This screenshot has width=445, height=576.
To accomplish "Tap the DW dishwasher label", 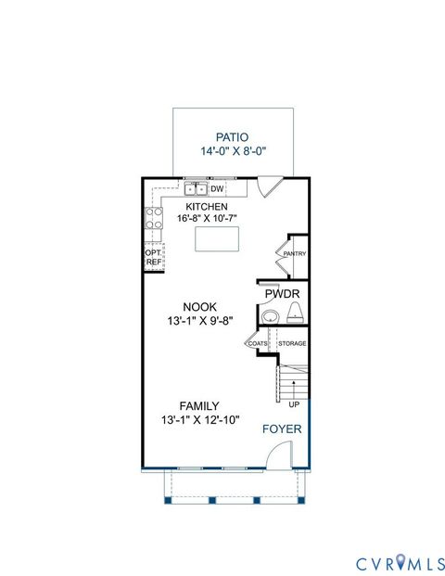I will (x=217, y=189).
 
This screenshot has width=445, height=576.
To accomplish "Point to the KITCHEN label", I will (x=207, y=206).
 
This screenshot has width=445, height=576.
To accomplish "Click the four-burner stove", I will (x=153, y=223).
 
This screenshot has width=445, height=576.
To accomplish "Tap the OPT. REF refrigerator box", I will (x=153, y=257).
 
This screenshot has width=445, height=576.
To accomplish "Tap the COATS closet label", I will (x=257, y=344).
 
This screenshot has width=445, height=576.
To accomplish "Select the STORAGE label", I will (x=292, y=344).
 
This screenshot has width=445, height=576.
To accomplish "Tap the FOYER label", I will (x=279, y=429).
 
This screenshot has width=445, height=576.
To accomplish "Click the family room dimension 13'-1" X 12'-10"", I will (x=200, y=420).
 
